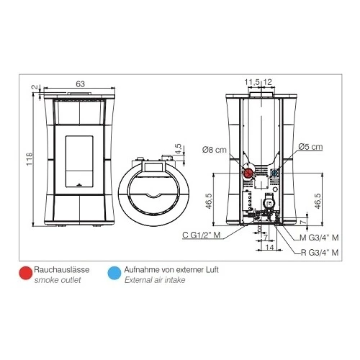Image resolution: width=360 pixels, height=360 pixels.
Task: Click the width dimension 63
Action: tap(81, 84)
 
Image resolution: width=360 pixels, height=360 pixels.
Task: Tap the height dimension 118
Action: tap(30, 158)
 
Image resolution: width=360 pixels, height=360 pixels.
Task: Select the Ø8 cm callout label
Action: tap(215, 150)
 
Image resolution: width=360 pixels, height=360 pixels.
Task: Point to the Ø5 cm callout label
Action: tap(310, 147)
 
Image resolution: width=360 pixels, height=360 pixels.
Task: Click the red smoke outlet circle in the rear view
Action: tap(248, 173)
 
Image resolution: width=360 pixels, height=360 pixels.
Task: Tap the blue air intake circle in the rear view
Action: tap(274, 172)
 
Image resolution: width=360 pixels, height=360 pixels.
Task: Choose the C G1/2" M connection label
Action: tap(202, 235)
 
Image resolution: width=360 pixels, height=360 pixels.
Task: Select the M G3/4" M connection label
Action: tap(320, 238)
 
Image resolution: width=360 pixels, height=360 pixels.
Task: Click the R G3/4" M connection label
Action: tap(320, 252)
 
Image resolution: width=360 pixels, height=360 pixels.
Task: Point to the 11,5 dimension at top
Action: tap(252, 82)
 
